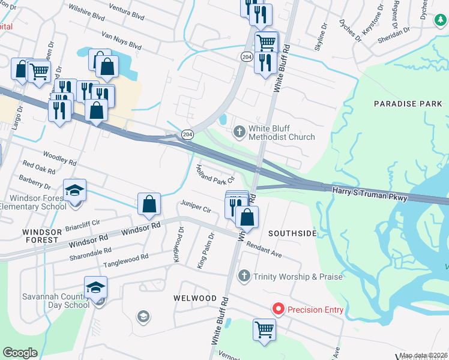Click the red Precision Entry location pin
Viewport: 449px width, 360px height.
coord(279,309)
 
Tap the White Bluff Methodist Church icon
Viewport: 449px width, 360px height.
coord(239,131)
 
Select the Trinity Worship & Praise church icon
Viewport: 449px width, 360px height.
coord(244,276)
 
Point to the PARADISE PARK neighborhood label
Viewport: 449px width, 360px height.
coord(408,104)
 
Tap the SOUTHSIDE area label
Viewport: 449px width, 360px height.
coord(292,233)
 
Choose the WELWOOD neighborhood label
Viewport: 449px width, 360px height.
coord(194,298)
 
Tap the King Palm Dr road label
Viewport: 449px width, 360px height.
coord(206,250)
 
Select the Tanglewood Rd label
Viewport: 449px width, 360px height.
coord(125,260)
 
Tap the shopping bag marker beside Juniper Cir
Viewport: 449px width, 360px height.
coord(149,204)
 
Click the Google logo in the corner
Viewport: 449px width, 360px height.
coord(20,353)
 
